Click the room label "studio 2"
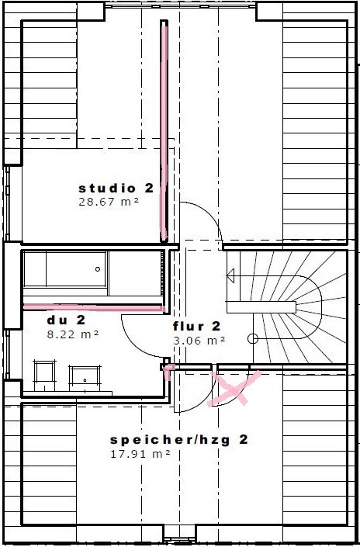(116, 189)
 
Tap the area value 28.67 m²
(109, 202)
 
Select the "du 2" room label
(66, 320)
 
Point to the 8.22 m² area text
(73, 334)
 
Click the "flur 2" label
(197, 326)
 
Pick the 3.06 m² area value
(199, 341)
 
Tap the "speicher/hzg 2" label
(179, 440)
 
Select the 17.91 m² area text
(140, 454)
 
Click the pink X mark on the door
(233, 389)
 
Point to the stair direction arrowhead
(230, 277)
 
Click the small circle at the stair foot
(253, 338)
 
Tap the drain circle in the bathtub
(98, 269)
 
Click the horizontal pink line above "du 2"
(93, 307)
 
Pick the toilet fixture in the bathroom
(44, 376)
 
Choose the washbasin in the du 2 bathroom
(85, 379)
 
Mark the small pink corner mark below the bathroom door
(169, 371)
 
